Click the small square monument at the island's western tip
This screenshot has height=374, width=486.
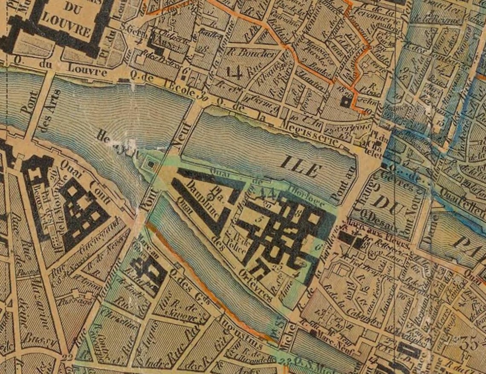coord(150,163)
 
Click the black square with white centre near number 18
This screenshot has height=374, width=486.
coord(344,101)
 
